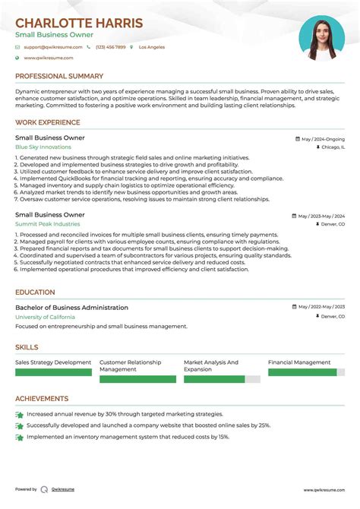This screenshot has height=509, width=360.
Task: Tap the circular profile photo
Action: [x=321, y=38]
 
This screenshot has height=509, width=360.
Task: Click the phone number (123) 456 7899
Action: [x=110, y=47]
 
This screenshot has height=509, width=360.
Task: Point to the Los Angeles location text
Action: [x=150, y=47]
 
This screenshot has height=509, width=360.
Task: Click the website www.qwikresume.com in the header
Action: [x=48, y=58]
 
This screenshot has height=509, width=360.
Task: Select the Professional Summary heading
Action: [x=59, y=76]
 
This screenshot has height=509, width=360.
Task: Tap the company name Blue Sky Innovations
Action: [x=43, y=147]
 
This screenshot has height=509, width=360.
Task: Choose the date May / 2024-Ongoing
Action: [x=322, y=139]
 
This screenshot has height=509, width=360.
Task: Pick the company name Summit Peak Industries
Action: [x=47, y=224]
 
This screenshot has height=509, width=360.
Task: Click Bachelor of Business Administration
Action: [x=71, y=308]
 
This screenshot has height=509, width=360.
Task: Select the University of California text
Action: [x=44, y=316]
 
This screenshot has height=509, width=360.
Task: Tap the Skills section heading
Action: [x=27, y=346]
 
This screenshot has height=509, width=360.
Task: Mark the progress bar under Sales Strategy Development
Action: [x=53, y=372]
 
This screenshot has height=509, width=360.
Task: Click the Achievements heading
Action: [x=42, y=398]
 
